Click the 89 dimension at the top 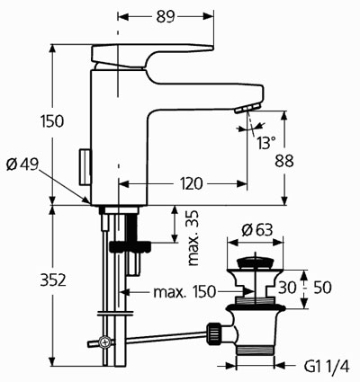point(166,17)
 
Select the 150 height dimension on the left point(52,121)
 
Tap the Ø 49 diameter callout point(22,164)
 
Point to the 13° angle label point(265,143)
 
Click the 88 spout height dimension point(284,161)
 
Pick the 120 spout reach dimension point(191,183)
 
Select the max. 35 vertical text point(193,238)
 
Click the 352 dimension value point(53,280)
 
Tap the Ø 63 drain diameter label point(257,230)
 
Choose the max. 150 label point(184,291)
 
